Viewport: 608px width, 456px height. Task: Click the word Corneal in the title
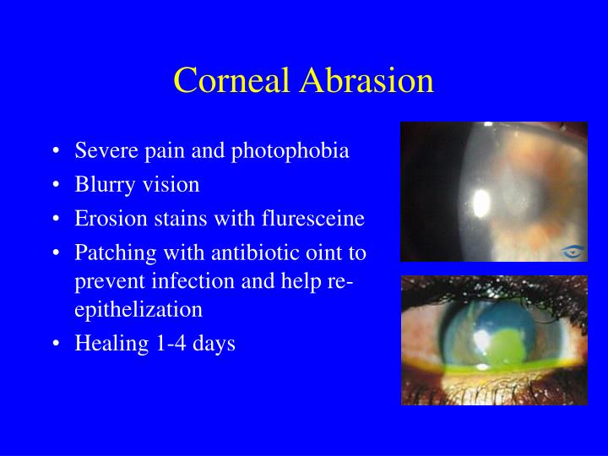click(231, 80)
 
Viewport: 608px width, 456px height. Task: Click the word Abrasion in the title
click(366, 80)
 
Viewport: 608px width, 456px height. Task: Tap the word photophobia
click(290, 151)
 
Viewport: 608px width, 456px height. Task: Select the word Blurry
click(104, 185)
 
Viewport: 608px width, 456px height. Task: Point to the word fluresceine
click(313, 218)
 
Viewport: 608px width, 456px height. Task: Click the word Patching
click(116, 253)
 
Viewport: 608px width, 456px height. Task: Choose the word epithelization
click(138, 310)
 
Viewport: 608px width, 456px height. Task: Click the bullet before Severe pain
click(57, 151)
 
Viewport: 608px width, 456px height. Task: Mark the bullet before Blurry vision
click(57, 185)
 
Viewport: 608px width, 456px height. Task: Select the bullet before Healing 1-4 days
click(57, 344)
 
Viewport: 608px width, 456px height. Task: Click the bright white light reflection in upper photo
click(481, 204)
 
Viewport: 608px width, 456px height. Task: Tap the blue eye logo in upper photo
click(572, 252)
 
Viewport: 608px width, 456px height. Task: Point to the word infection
click(193, 280)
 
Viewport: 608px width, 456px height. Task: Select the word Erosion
click(111, 219)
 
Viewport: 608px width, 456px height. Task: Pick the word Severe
click(106, 151)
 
